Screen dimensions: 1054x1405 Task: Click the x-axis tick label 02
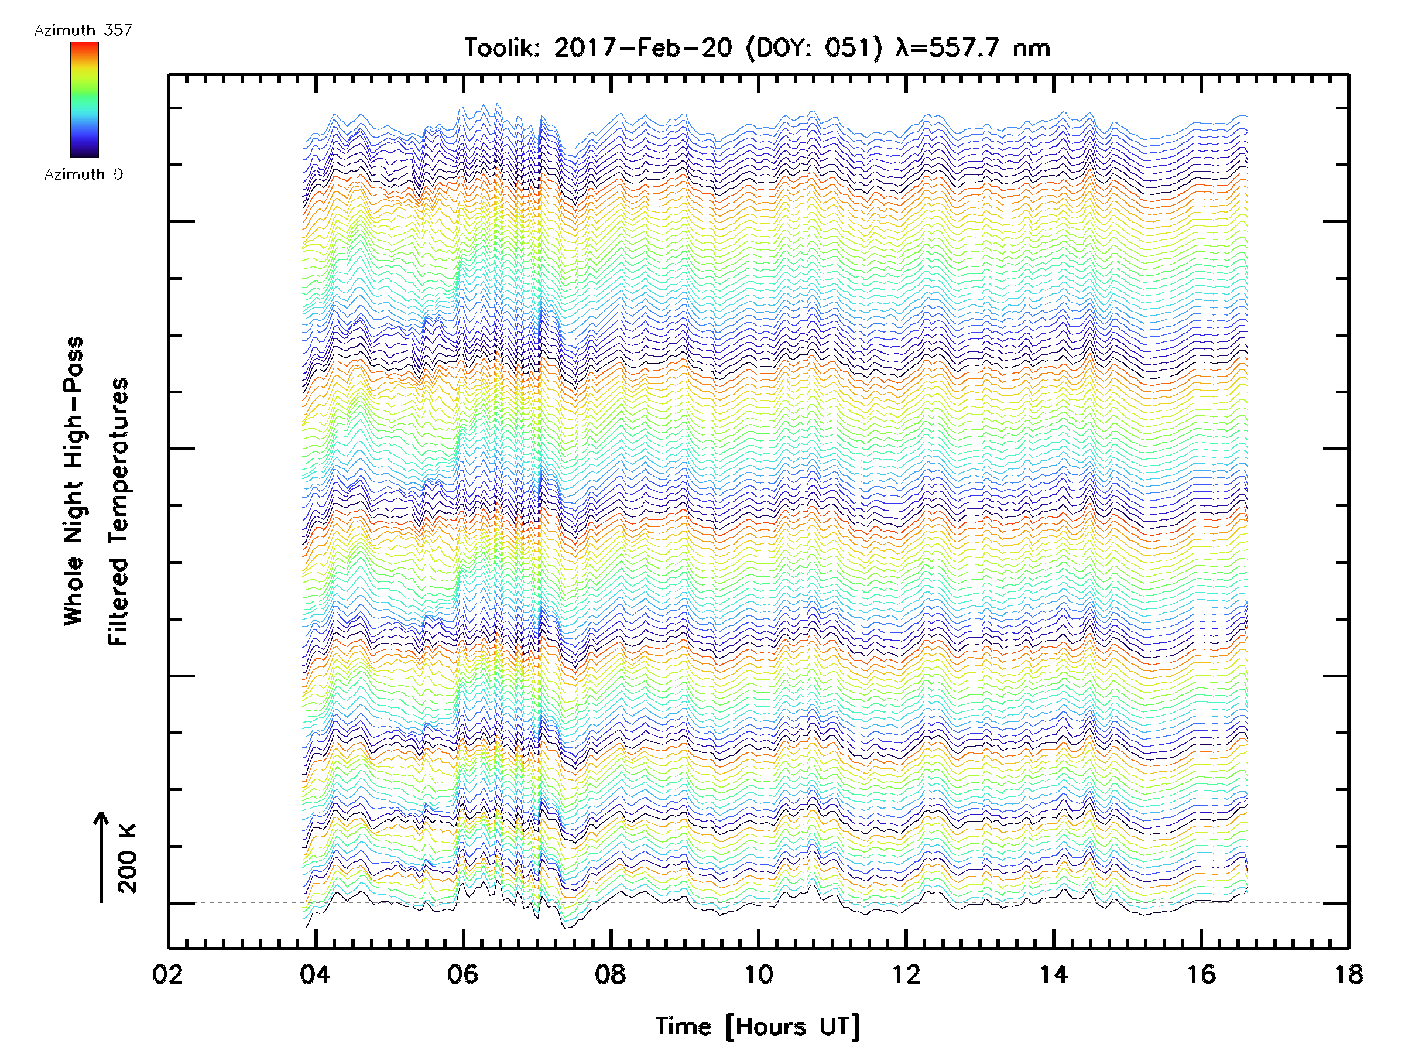[167, 974]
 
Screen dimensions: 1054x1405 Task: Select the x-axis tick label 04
[315, 974]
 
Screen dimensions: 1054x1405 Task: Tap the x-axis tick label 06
[462, 974]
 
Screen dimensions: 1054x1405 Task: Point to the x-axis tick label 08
[611, 974]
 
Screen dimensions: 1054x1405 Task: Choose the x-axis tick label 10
[758, 974]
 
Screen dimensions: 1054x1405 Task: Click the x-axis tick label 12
[906, 974]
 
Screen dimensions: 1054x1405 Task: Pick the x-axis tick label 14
[1054, 974]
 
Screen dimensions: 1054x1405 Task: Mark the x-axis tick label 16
[1201, 974]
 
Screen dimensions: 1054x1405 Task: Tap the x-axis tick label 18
[1348, 974]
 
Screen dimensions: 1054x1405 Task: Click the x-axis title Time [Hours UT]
[758, 1026]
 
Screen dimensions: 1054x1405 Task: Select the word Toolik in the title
[502, 47]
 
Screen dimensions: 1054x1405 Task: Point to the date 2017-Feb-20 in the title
[643, 47]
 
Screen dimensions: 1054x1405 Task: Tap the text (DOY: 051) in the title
[814, 48]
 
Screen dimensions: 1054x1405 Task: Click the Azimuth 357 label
[83, 30]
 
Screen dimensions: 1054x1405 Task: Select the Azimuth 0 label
[83, 174]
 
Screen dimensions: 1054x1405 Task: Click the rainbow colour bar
[84, 100]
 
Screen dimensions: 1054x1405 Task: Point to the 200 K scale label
[128, 858]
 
